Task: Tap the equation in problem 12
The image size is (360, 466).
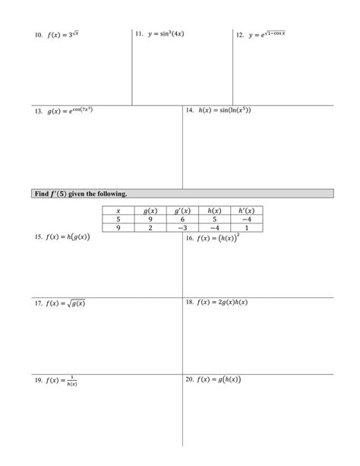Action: pyautogui.click(x=267, y=35)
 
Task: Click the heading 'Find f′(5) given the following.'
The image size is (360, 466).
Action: pyautogui.click(x=80, y=195)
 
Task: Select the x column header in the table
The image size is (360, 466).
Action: pyautogui.click(x=118, y=210)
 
